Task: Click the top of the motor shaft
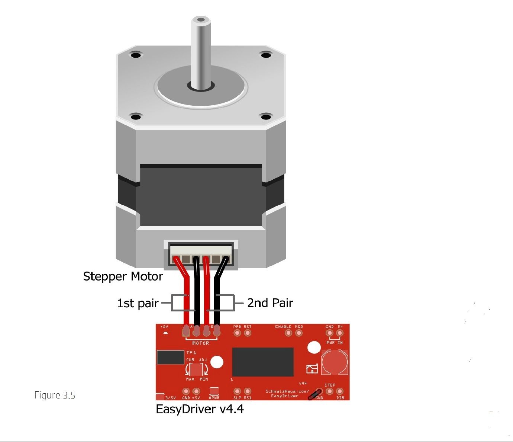click(201, 20)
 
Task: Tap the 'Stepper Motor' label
click(123, 276)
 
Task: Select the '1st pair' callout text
click(138, 303)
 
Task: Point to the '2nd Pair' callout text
click(270, 303)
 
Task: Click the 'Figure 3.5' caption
click(55, 395)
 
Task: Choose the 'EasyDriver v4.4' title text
click(200, 409)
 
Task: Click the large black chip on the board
click(263, 362)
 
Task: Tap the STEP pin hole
click(329, 391)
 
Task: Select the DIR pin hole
click(339, 391)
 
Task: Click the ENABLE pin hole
click(288, 333)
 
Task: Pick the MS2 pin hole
click(299, 333)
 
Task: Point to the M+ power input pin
click(340, 333)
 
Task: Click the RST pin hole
click(248, 333)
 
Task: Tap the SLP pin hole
click(237, 391)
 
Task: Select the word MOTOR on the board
click(200, 343)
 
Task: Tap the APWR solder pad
click(214, 391)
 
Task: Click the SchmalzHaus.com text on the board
click(287, 391)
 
